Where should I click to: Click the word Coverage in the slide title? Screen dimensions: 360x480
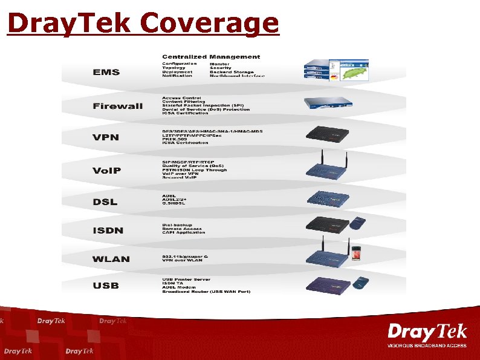209,23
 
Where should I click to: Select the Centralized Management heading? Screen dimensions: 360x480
211,57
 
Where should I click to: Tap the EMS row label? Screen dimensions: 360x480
106,72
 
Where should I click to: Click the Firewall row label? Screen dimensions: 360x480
118,106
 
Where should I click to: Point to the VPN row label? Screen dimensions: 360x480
106,137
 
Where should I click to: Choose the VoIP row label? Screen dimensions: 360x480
107,171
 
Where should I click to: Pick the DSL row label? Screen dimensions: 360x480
105,202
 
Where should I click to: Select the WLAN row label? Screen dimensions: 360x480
111,259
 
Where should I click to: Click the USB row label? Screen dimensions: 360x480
106,285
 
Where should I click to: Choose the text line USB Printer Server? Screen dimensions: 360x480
186,279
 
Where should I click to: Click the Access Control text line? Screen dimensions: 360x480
181,97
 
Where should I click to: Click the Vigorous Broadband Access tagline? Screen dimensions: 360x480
427,345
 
